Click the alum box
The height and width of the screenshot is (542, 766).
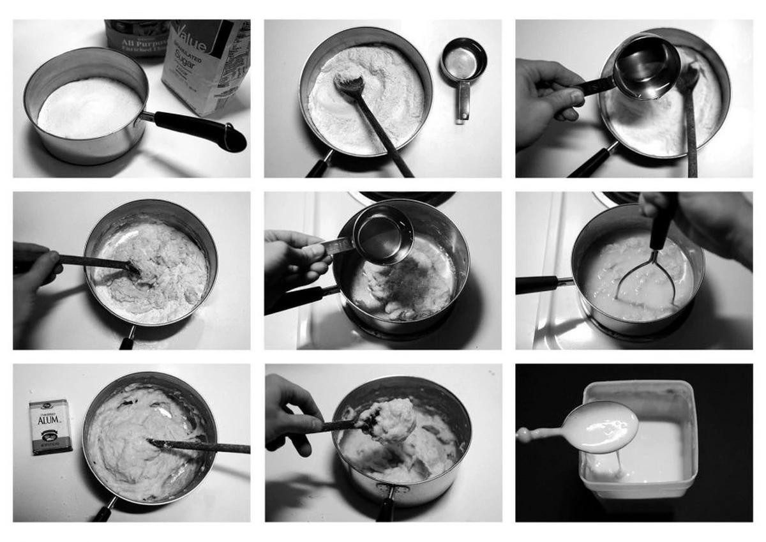coord(50,426)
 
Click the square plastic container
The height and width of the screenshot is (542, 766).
coord(638,447)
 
